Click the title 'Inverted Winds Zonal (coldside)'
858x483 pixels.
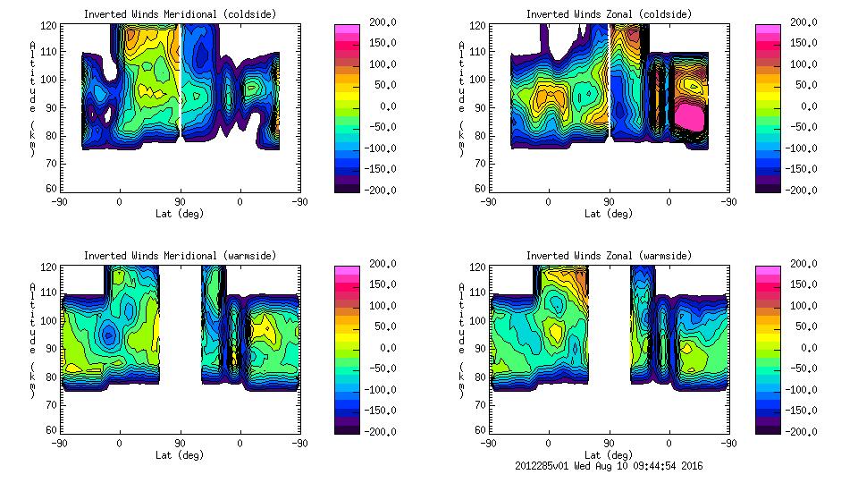[x=609, y=14]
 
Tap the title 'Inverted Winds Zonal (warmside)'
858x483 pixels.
[x=609, y=256]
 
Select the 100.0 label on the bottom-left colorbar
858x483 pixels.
[x=383, y=306]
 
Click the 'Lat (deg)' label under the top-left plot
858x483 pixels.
[x=180, y=214]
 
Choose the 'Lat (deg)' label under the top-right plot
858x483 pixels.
[x=609, y=214]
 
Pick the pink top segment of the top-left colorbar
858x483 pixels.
[x=348, y=30]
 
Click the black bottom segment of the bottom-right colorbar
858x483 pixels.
[x=768, y=427]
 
